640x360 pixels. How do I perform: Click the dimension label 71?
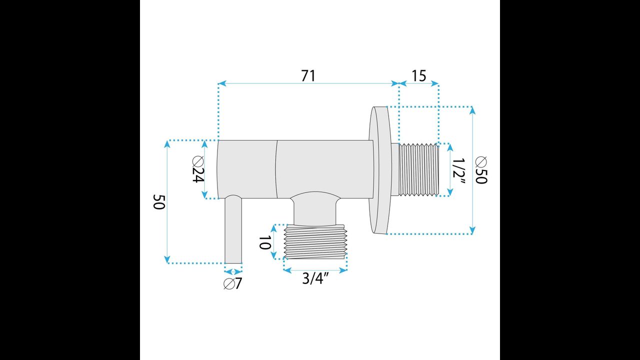[308, 76]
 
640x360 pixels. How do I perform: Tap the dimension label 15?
[418, 76]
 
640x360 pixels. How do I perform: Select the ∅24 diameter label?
[198, 169]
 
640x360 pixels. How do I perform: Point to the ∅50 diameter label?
[481, 170]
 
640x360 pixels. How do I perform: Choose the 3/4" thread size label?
[315, 278]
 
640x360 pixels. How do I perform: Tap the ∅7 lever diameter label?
[233, 283]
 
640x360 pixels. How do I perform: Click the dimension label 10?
[264, 242]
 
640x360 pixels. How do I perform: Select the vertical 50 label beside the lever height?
[159, 202]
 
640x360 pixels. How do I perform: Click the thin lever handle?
[233, 229]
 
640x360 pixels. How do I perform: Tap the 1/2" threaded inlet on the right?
[418, 169]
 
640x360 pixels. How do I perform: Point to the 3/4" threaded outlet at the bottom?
[315, 241]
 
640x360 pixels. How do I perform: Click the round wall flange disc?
[379, 170]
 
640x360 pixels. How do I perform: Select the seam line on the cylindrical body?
[276, 169]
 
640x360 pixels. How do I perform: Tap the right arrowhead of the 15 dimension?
[435, 83]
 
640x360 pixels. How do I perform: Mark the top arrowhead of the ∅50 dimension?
[472, 110]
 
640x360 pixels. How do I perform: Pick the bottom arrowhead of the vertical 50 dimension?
[167, 259]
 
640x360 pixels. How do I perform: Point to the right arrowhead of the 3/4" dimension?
[343, 270]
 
